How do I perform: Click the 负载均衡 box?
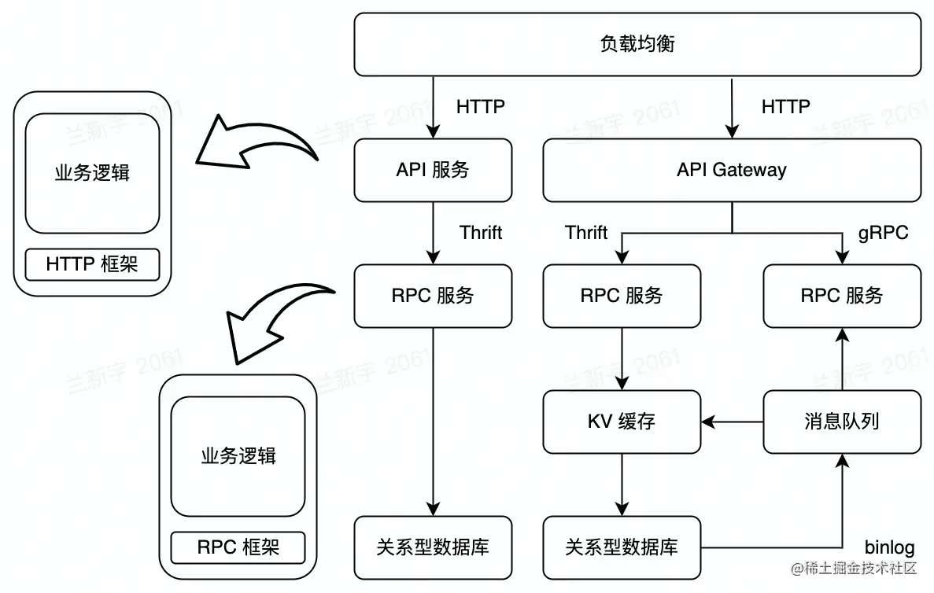tap(637, 44)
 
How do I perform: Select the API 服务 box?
tap(433, 170)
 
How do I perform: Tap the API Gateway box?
tap(731, 170)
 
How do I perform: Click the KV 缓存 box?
tap(622, 422)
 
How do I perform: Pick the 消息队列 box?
tap(842, 422)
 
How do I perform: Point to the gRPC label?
tap(883, 233)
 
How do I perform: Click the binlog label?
tap(889, 547)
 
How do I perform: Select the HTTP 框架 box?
tap(92, 264)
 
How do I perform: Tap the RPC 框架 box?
tap(238, 547)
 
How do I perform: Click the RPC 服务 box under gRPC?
tap(842, 296)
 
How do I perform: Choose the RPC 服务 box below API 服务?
tap(433, 296)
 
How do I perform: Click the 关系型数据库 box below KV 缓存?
tap(622, 547)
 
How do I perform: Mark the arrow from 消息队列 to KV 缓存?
tap(732, 422)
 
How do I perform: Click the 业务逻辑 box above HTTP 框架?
tap(92, 173)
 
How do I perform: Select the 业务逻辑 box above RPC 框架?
tap(238, 455)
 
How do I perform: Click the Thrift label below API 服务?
tap(481, 233)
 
